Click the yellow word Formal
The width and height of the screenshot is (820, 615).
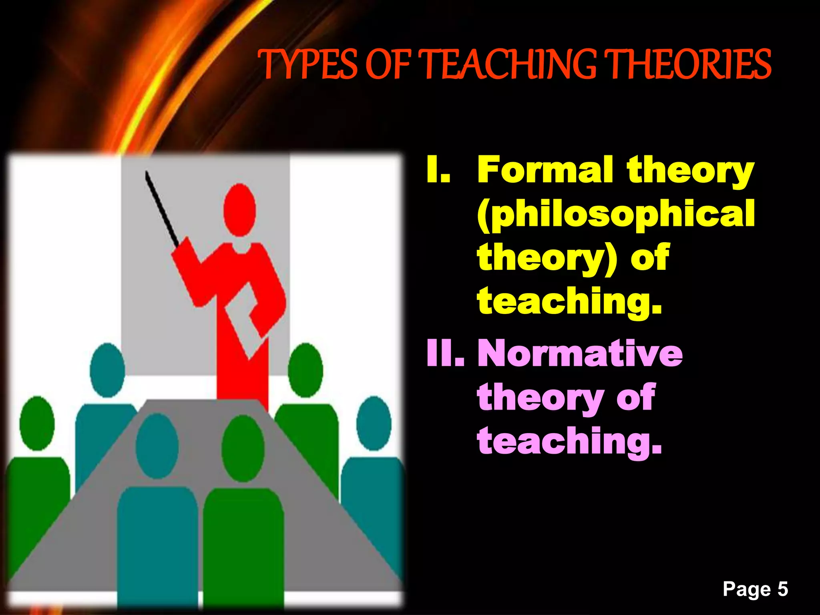(545, 170)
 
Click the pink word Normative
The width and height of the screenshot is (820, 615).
(580, 353)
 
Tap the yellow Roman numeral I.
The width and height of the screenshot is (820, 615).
(438, 170)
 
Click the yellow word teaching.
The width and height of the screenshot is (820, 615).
(569, 301)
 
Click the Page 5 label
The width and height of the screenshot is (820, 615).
(755, 589)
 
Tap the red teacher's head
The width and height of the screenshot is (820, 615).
(239, 210)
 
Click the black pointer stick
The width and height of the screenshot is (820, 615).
(162, 208)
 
